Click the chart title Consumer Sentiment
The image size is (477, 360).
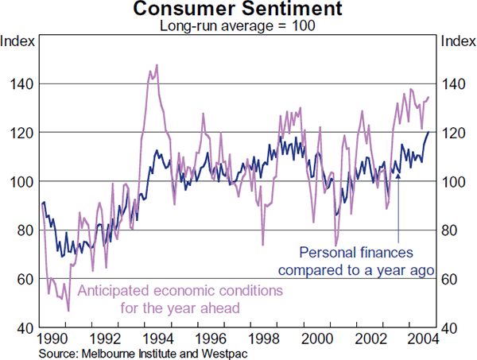(x=238, y=10)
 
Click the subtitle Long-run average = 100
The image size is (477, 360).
(x=238, y=25)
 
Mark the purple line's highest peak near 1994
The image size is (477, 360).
(x=157, y=65)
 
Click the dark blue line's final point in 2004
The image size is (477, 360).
(x=429, y=132)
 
